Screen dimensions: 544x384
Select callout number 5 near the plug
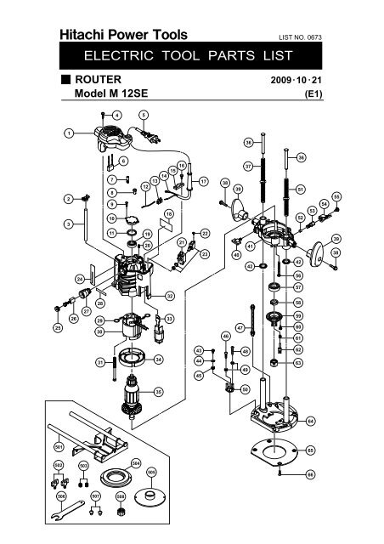(x=143, y=114)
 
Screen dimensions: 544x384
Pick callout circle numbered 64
(x=310, y=421)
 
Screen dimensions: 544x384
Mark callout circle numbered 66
(x=310, y=474)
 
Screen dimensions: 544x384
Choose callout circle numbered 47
(x=240, y=327)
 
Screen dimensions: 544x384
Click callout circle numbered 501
(x=59, y=445)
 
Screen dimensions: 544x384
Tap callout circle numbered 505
(x=151, y=473)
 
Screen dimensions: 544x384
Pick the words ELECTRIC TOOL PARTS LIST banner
(x=191, y=56)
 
